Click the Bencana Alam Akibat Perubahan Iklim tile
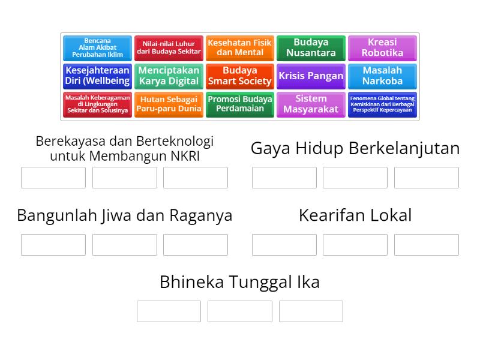tap(97, 48)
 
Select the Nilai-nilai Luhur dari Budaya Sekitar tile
tap(169, 48)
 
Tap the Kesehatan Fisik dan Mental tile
tap(240, 48)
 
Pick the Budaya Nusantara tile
tap(311, 48)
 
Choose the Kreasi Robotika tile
tap(382, 48)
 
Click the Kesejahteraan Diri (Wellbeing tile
tap(97, 76)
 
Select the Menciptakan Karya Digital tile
tap(169, 76)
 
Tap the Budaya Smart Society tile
tap(240, 76)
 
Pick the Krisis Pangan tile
tap(311, 76)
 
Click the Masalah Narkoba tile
tap(382, 76)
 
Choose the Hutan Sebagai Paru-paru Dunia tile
tap(169, 104)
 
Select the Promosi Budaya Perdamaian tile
tap(240, 104)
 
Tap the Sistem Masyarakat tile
tap(311, 104)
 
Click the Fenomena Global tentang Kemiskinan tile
tap(382, 104)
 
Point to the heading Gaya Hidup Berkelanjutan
tap(355, 149)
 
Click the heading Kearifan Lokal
tap(355, 215)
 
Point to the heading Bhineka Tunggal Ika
tap(239, 282)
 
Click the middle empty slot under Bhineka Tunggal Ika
tap(239, 311)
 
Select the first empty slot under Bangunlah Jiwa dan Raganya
tap(53, 245)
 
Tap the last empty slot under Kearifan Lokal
tap(426, 245)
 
